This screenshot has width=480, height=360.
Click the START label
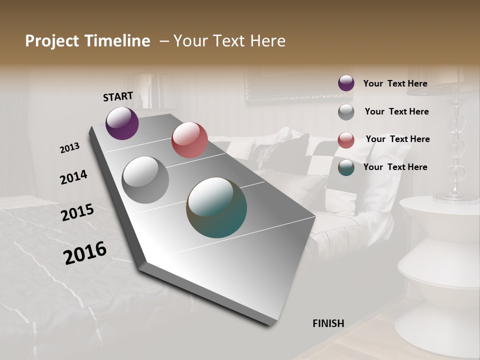pyautogui.click(x=118, y=96)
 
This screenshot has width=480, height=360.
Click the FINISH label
pyautogui.click(x=328, y=323)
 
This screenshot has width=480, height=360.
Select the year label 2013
pyautogui.click(x=70, y=148)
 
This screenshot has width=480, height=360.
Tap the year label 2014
pyautogui.click(x=73, y=177)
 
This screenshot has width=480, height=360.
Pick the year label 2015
pyautogui.click(x=77, y=212)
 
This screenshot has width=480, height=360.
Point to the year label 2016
pyautogui.click(x=85, y=252)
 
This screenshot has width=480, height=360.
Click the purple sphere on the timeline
pyautogui.click(x=122, y=123)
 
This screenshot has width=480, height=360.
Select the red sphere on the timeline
pyautogui.click(x=189, y=140)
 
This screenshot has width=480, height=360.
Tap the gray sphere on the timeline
pyautogui.click(x=145, y=179)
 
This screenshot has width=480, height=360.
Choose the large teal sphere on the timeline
pyautogui.click(x=216, y=207)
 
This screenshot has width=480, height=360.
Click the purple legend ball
pyautogui.click(x=346, y=83)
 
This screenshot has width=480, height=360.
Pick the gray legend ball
pyautogui.click(x=346, y=112)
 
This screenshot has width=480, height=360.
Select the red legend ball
pyautogui.click(x=346, y=140)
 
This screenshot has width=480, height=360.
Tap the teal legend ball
pyautogui.click(x=346, y=167)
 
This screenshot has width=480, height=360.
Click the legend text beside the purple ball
pyautogui.click(x=395, y=84)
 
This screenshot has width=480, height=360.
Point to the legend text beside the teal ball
pyautogui.click(x=395, y=167)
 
